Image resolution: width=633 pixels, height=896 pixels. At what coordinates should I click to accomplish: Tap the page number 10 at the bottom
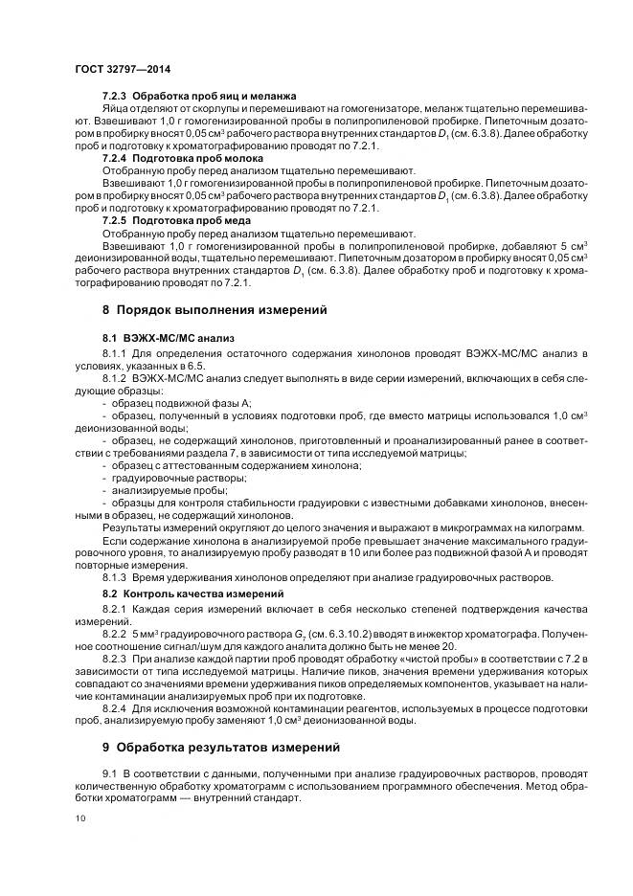coord(79,817)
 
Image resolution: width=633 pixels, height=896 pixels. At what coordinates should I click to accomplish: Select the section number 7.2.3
coord(115,98)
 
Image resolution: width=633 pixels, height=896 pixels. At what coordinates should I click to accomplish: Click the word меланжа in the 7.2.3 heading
coord(271,98)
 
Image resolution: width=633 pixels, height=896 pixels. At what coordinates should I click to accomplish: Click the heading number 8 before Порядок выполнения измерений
coord(106,309)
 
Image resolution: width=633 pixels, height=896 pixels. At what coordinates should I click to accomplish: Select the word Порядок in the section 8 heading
coord(147,309)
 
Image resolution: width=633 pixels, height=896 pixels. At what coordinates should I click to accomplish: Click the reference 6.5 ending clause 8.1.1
coord(199,367)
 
